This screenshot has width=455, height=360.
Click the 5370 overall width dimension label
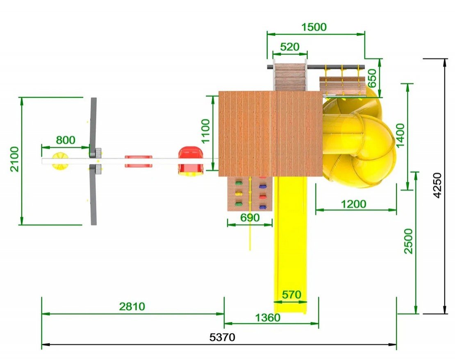(222, 337)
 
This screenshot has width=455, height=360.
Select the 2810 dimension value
(132, 306)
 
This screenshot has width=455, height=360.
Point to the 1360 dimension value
(268, 318)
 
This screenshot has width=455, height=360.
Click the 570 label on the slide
(291, 295)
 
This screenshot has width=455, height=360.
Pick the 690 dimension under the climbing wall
(250, 218)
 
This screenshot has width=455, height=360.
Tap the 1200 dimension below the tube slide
(353, 204)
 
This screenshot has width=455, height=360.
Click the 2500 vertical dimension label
(408, 241)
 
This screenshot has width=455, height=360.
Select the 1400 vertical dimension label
(400, 136)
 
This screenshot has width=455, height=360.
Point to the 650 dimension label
(372, 78)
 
